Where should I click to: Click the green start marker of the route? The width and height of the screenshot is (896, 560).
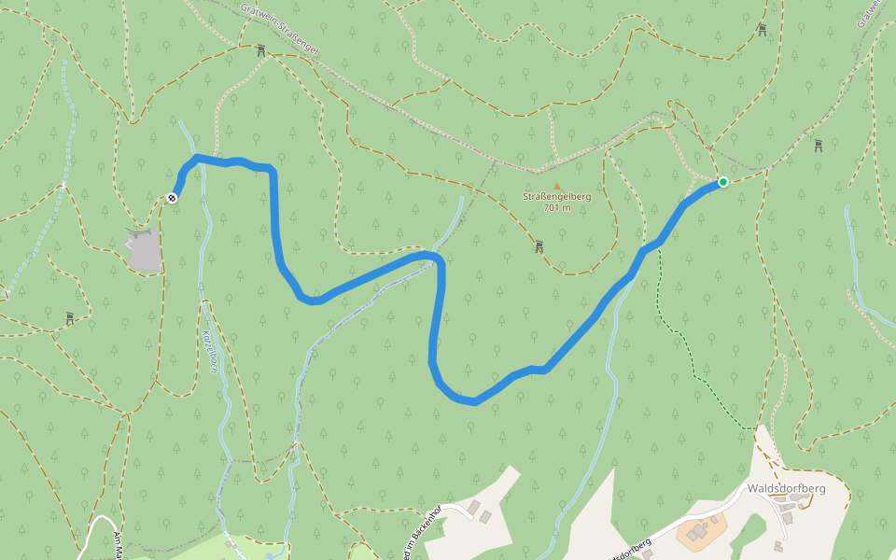(x=722, y=181)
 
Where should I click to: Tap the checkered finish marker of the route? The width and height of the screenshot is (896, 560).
(x=173, y=197)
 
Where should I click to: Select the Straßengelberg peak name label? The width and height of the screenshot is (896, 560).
(x=556, y=197)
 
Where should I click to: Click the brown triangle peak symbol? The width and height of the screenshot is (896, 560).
(x=557, y=186)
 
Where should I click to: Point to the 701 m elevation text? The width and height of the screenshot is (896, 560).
(x=556, y=208)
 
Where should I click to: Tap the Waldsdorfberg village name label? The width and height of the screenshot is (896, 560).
(x=786, y=488)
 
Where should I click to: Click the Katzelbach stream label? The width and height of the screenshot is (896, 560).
(x=211, y=351)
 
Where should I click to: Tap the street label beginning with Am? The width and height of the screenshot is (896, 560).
(x=118, y=545)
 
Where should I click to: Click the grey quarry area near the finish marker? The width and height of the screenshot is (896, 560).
(x=145, y=250)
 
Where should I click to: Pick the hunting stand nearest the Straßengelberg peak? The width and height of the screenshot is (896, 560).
(x=539, y=246)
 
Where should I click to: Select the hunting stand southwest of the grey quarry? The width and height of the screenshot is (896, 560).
(x=70, y=318)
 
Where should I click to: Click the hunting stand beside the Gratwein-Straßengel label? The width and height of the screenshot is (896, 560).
(x=260, y=51)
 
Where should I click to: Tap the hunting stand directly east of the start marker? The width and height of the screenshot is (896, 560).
(x=818, y=145)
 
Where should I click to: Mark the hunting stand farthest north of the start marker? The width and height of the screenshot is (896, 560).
(x=763, y=30)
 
